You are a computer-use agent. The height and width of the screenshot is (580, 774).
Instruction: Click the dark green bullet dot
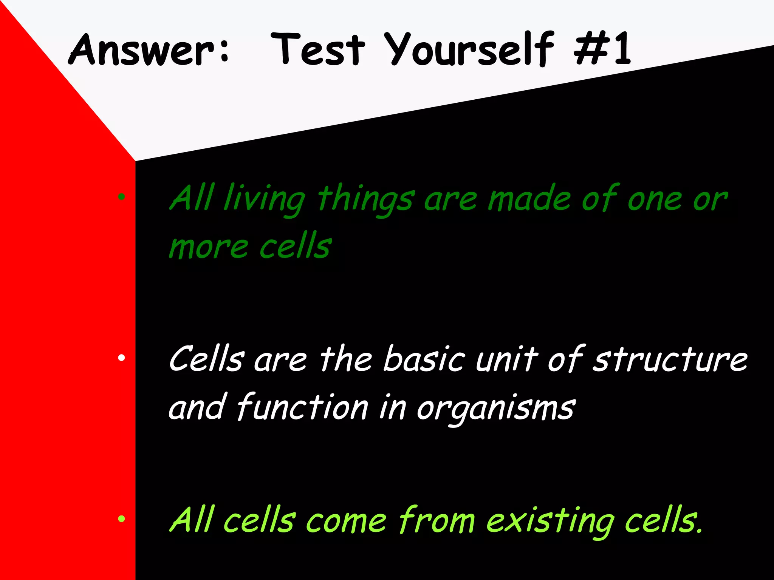pos(121,196)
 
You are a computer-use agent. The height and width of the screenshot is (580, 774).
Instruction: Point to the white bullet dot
pos(121,357)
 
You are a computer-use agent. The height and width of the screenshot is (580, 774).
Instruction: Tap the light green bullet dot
pos(121,519)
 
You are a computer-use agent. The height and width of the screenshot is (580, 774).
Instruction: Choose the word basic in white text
pos(424,359)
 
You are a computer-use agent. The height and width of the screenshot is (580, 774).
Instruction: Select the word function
pos(302,407)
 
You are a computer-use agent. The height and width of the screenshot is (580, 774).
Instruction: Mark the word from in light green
pos(437,520)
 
